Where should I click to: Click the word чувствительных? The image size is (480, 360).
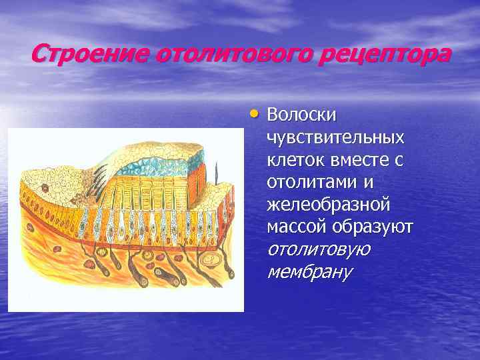pyautogui.click(x=335, y=138)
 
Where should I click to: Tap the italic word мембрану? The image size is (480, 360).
pyautogui.click(x=309, y=272)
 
